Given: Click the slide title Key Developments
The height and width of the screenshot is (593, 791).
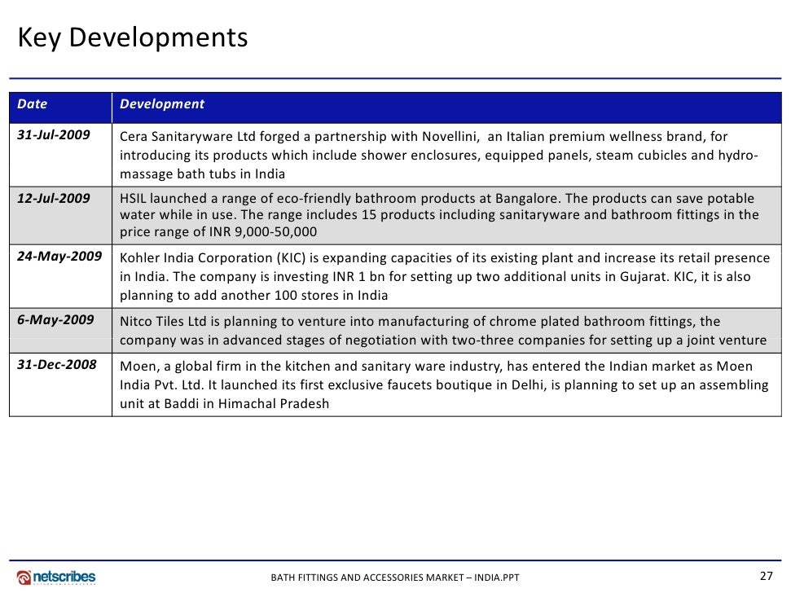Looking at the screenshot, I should pos(133,37).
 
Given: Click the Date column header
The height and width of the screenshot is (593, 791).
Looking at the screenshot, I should pos(33,104).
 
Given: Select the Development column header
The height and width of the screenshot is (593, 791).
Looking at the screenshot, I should pos(161,104).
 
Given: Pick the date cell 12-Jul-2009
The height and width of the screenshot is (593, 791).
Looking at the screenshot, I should pos(54,198).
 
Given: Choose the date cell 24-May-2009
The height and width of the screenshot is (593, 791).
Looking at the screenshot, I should pos(59,257).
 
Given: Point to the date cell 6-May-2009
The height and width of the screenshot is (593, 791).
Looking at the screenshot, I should pos(55,320).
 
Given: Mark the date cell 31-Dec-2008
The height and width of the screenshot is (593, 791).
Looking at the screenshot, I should pos(56,365).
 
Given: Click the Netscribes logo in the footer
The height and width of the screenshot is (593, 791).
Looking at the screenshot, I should pos(56,577).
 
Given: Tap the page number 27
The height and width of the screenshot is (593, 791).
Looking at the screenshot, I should pos(766,576).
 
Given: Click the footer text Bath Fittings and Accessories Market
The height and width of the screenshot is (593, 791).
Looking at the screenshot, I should pos(394,578).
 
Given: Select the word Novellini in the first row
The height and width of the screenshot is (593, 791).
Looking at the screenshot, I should pos(449,137).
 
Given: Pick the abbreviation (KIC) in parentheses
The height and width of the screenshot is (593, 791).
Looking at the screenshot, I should pos(282,258).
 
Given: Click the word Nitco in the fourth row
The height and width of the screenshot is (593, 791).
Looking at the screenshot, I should pos(136,322).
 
